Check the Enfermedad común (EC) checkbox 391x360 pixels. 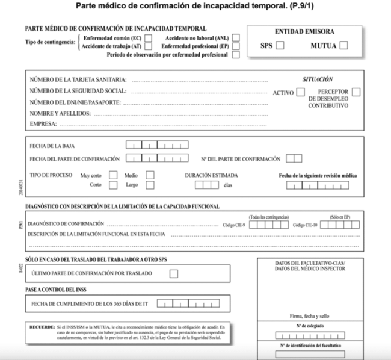tap(148, 37)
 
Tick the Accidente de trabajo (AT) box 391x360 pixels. tap(148, 46)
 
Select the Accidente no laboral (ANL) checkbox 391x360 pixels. tap(236, 37)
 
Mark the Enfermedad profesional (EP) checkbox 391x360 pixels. tap(236, 46)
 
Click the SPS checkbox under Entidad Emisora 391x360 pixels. tap(280, 45)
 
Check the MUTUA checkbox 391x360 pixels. tap(343, 45)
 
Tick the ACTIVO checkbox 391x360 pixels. tap(300, 92)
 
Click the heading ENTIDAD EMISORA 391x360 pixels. tap(304, 31)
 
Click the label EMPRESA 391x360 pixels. tap(43, 124)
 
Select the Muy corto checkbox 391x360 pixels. tap(113, 175)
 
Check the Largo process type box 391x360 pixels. tap(150, 185)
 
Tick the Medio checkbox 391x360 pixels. tap(150, 175)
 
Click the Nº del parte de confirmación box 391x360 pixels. tap(294, 159)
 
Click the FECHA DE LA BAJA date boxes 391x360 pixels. tap(157, 145)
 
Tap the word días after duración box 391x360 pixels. tap(228, 185)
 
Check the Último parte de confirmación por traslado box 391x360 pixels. tap(174, 274)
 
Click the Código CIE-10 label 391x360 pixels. tap(306, 225)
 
